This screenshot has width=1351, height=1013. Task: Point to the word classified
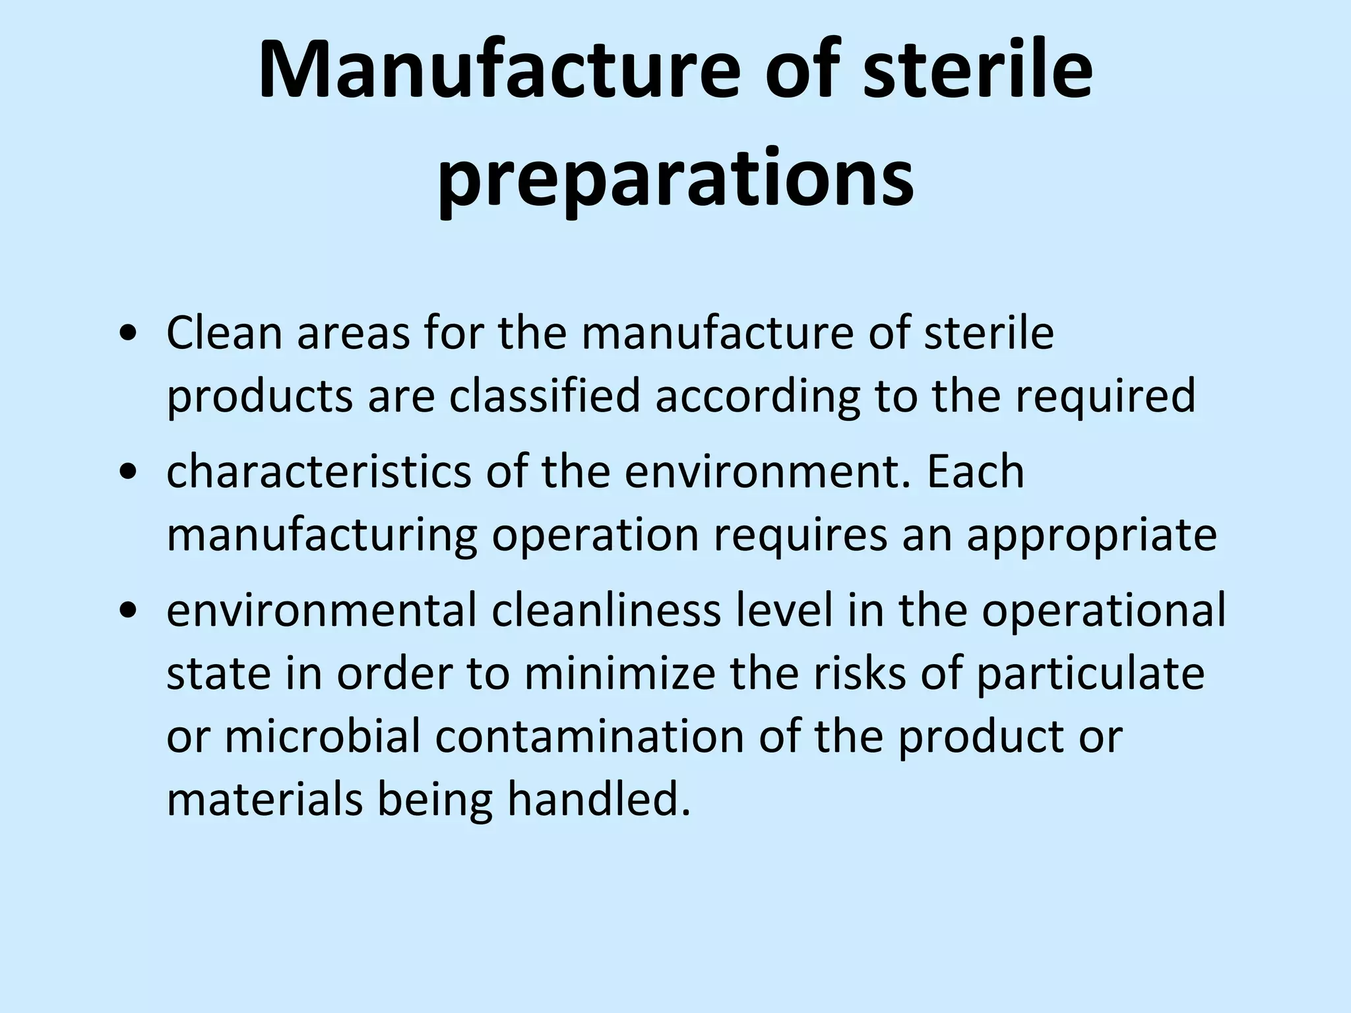pos(545,397)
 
